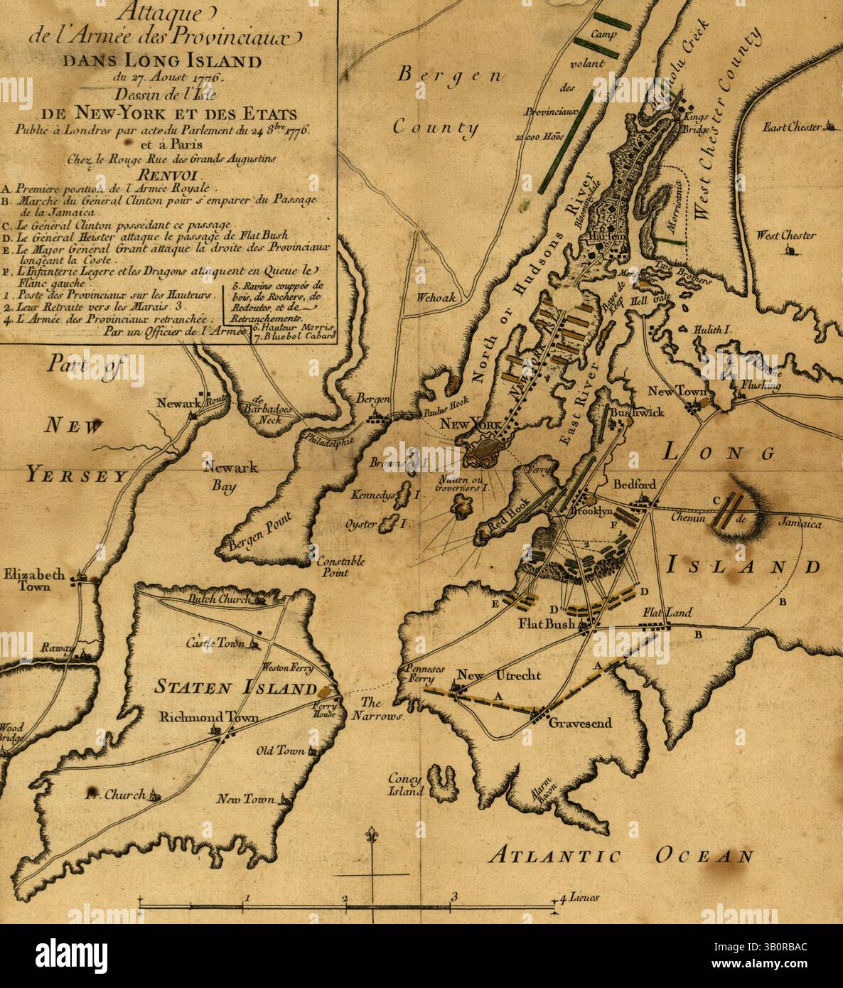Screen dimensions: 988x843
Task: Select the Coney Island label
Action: [405, 784]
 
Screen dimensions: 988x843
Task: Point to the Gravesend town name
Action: [579, 723]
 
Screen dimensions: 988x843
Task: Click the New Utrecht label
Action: [499, 675]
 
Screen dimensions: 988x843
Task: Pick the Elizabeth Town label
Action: [36, 580]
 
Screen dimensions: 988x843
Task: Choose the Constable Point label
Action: [341, 567]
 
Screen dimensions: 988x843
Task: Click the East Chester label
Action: [792, 127]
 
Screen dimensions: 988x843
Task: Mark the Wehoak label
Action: [436, 299]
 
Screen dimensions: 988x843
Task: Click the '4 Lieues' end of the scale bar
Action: [577, 898]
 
